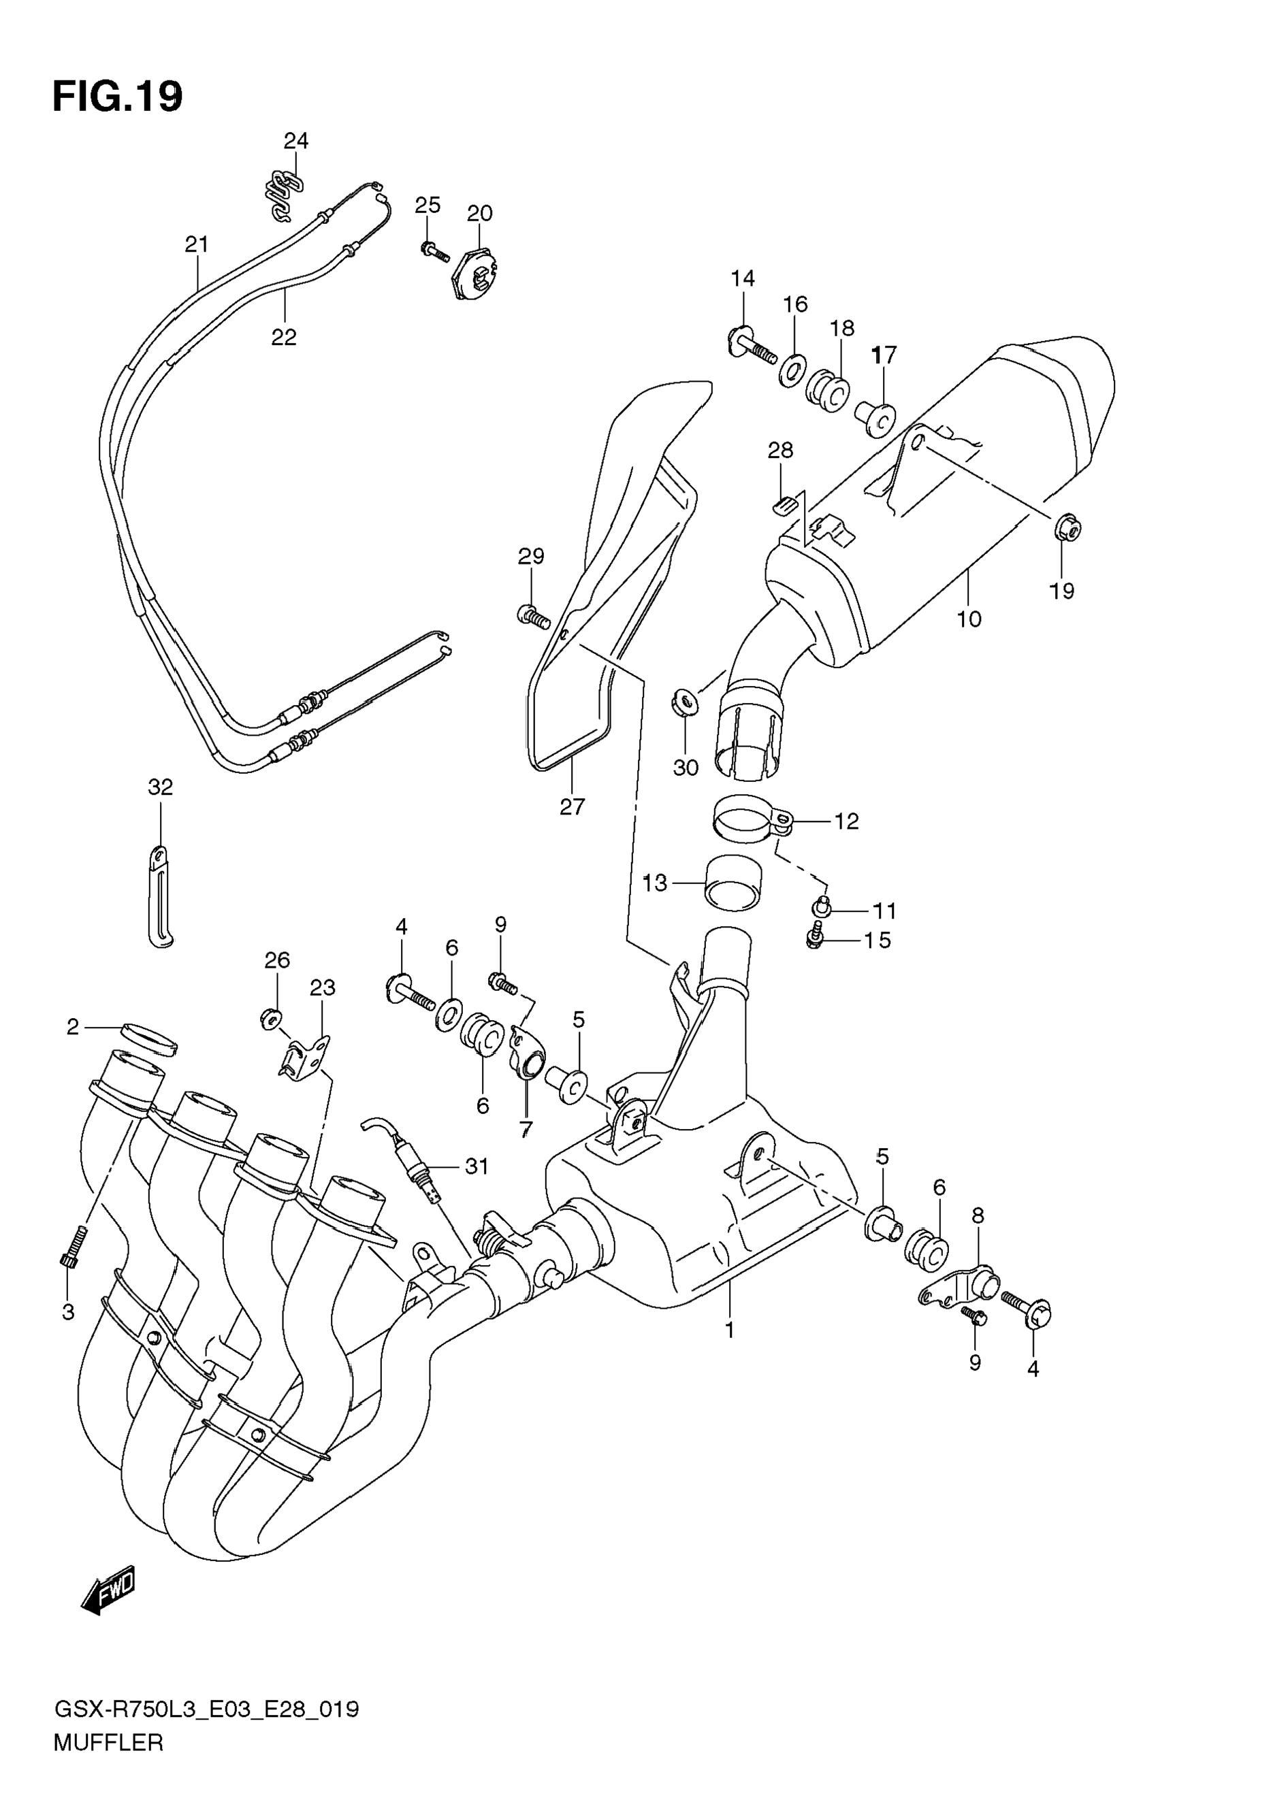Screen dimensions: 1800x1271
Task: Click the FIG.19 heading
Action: (118, 97)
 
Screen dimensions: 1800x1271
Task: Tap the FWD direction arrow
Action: (108, 1589)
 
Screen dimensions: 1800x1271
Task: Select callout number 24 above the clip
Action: (295, 141)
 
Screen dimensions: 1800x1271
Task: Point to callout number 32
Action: (160, 787)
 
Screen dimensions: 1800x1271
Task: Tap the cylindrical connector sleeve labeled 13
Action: (734, 881)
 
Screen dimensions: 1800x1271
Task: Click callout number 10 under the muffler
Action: (969, 619)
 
